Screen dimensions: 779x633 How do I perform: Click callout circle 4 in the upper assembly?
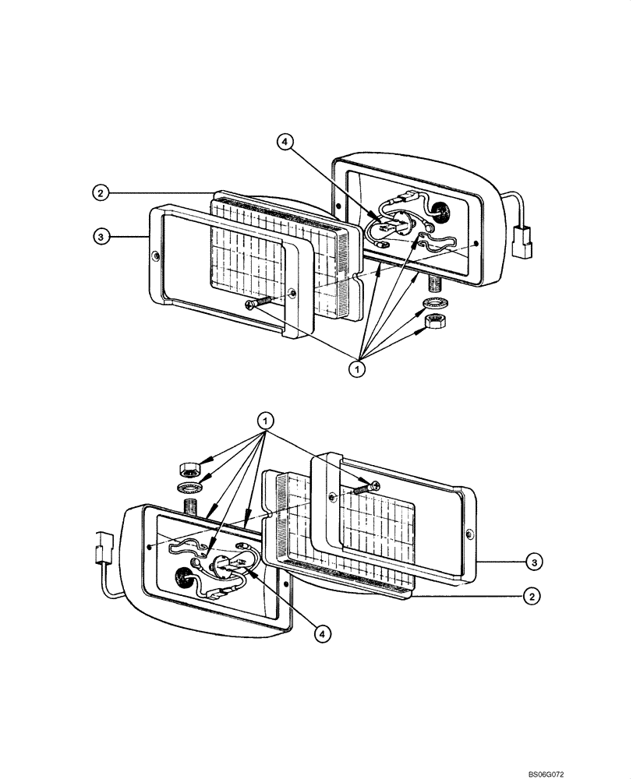(285, 141)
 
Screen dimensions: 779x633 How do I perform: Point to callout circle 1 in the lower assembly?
(266, 421)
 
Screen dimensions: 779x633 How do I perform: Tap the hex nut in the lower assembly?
(188, 469)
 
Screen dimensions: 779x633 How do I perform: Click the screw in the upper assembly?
(258, 303)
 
